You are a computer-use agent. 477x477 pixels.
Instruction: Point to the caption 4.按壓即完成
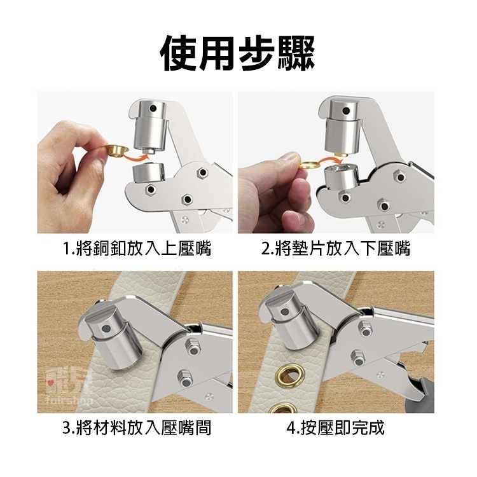pyautogui.click(x=336, y=427)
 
